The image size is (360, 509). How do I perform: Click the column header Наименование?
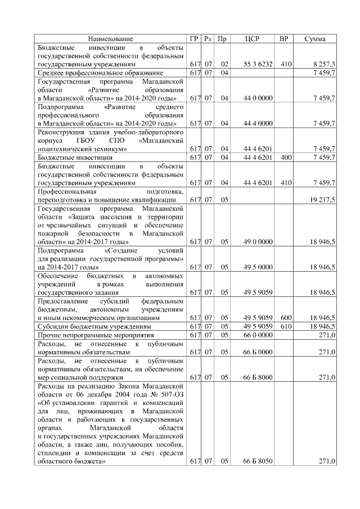(x=110, y=39)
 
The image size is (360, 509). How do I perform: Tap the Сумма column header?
(x=316, y=39)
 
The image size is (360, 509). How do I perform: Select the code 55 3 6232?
(x=258, y=64)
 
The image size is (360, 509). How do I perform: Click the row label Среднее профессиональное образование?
(x=100, y=73)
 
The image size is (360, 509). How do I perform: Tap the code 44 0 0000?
(x=258, y=98)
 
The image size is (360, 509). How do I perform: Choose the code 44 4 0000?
(x=258, y=123)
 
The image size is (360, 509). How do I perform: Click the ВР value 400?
(x=285, y=157)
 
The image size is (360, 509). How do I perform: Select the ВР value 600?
(x=285, y=318)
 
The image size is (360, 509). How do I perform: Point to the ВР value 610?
(x=285, y=326)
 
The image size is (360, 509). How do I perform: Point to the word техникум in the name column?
(x=106, y=149)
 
